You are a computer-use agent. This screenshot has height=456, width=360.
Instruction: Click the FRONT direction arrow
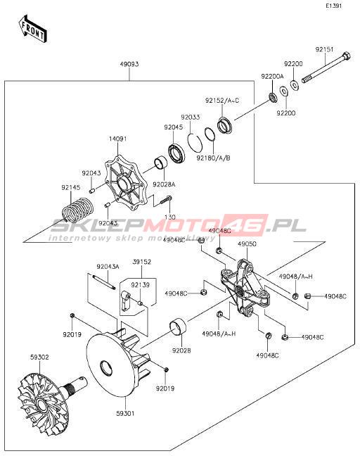click(x=32, y=29)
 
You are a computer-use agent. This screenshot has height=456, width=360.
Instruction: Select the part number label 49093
click(x=129, y=64)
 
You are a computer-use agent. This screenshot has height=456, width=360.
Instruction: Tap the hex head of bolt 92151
click(x=347, y=56)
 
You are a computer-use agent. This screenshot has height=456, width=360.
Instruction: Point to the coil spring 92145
click(x=78, y=210)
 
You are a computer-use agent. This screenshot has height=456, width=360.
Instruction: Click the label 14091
click(x=117, y=139)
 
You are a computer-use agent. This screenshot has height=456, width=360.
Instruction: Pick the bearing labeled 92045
click(x=176, y=153)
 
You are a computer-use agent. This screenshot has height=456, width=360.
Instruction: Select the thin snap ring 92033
click(x=194, y=141)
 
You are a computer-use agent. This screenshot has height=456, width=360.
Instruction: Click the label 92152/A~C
click(x=222, y=101)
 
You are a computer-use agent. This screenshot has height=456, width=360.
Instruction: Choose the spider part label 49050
click(x=247, y=244)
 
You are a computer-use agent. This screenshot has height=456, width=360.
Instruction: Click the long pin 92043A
click(x=104, y=281)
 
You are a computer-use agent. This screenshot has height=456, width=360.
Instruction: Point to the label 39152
click(x=142, y=262)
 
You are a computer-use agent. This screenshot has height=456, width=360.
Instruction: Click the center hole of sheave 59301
click(x=106, y=369)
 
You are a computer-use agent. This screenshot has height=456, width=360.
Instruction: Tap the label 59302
click(x=39, y=357)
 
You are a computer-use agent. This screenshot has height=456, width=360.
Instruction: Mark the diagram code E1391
click(x=334, y=6)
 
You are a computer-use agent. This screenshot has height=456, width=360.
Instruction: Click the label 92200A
click(x=272, y=76)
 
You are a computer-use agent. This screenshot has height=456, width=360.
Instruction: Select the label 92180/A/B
click(x=213, y=158)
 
